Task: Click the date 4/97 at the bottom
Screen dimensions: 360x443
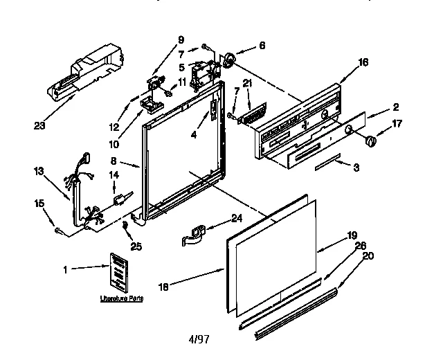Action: point(199,341)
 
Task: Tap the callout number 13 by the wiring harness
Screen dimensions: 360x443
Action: point(39,171)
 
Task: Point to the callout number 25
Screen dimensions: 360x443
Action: point(136,246)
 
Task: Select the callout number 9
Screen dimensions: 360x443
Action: point(181,39)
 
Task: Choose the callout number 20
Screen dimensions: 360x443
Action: point(368,255)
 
